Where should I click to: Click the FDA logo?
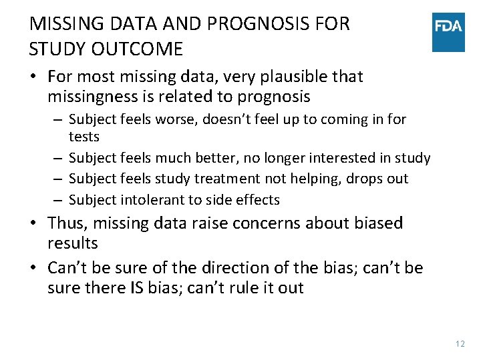click(x=448, y=32)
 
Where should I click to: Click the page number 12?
click(x=459, y=344)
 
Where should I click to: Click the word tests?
click(x=84, y=137)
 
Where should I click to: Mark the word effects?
click(x=257, y=200)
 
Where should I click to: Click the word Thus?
click(x=67, y=223)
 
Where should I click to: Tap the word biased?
click(x=377, y=223)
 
